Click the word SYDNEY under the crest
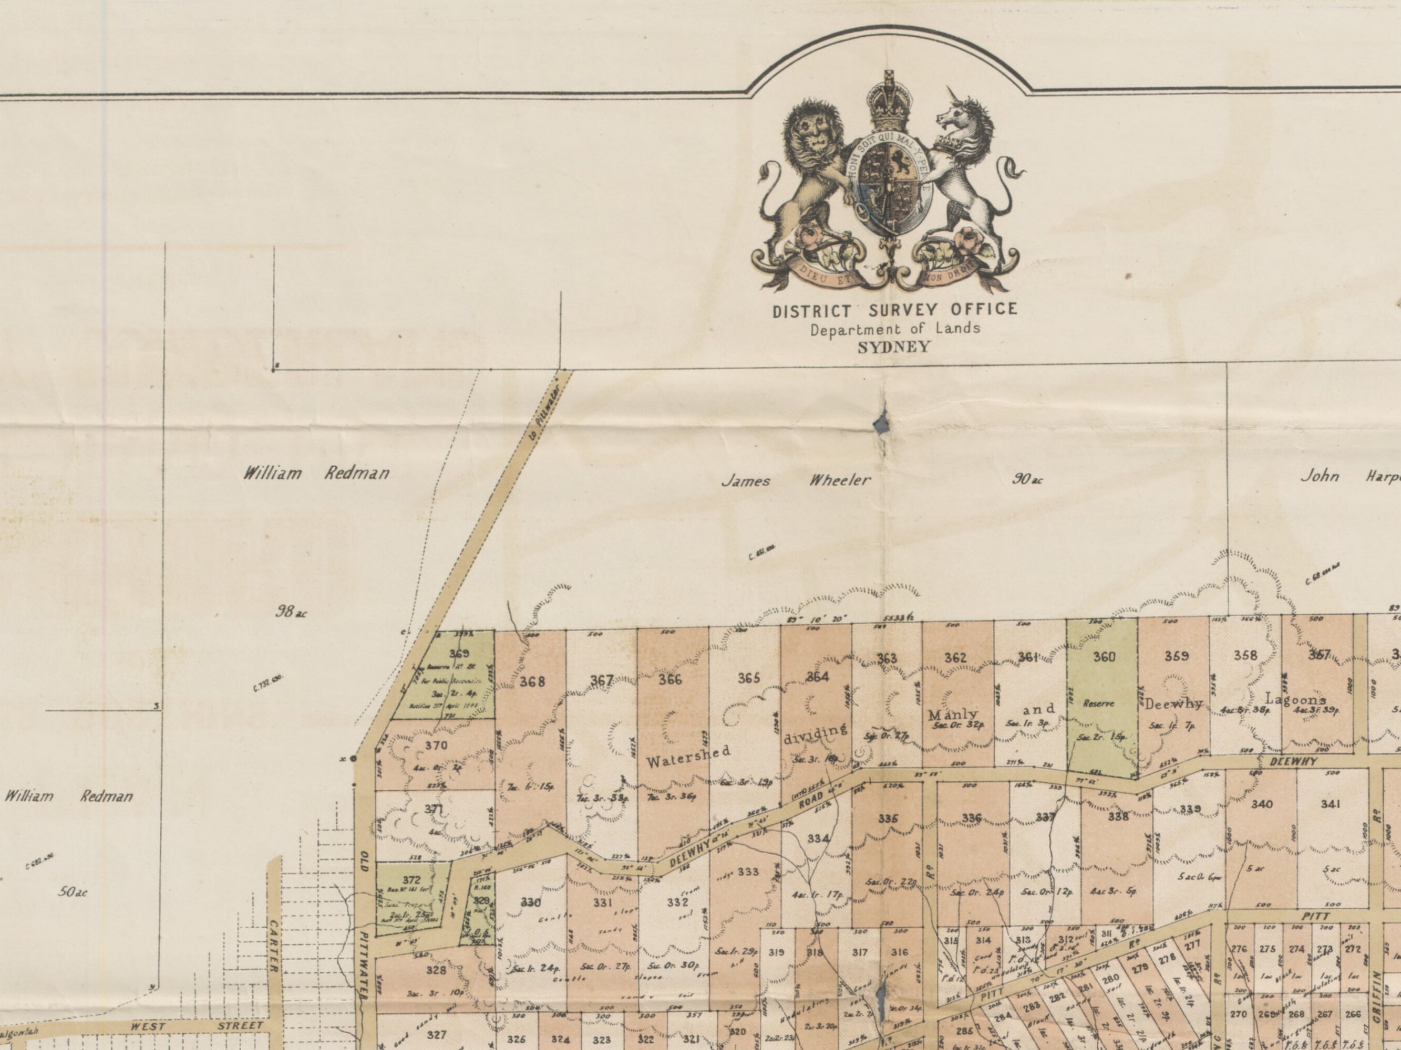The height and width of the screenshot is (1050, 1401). (894, 348)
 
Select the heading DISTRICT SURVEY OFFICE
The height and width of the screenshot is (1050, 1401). (894, 310)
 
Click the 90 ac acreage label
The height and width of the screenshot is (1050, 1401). (1027, 479)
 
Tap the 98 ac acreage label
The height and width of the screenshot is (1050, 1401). (291, 612)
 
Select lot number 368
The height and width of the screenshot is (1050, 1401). (532, 681)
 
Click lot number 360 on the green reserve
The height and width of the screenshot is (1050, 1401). (1104, 657)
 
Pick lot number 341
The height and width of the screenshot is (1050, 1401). (1330, 804)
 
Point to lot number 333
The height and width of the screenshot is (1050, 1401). (747, 872)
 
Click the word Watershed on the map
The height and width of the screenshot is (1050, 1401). (688, 757)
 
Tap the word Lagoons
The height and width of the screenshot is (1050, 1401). (1295, 699)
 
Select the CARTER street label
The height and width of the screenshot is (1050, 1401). (274, 946)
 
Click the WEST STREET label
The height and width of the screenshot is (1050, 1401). (197, 1026)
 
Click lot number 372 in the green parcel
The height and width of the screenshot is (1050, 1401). (411, 880)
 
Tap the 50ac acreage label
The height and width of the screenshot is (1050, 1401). (73, 892)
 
